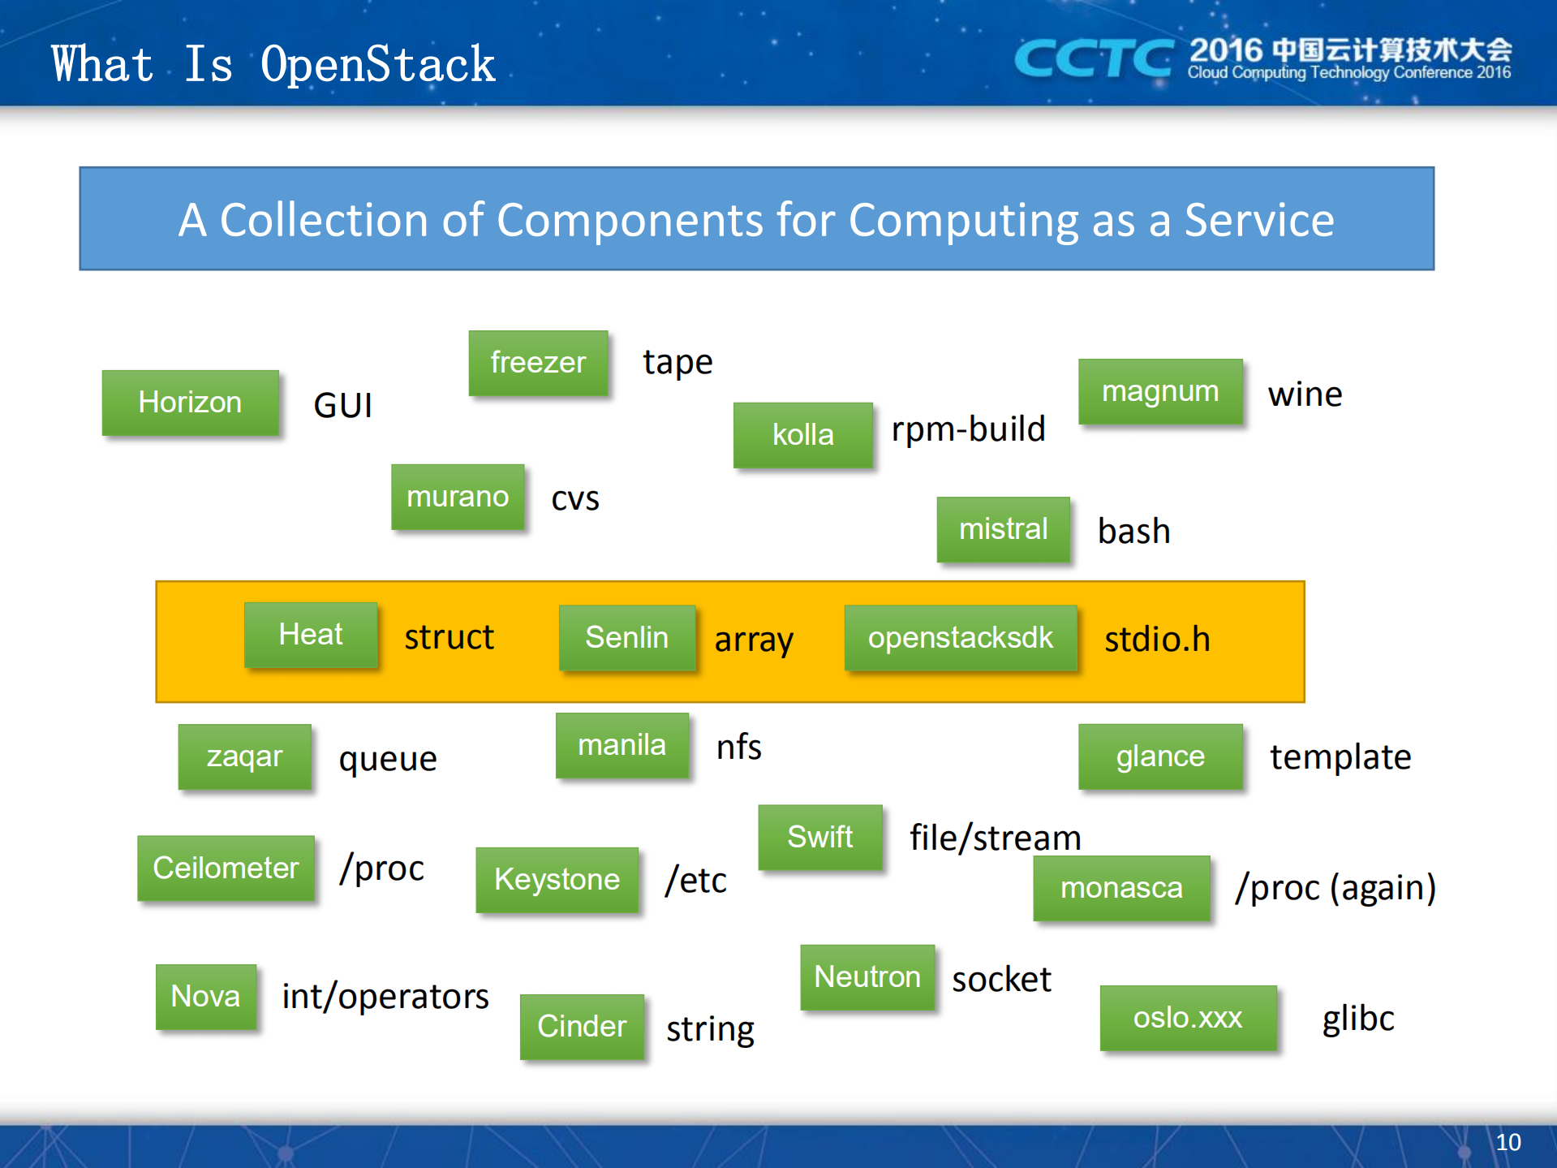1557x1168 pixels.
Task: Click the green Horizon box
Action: (190, 403)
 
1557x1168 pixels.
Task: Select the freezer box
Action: (538, 363)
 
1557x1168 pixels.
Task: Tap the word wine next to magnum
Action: (1305, 394)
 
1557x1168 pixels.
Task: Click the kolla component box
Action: (802, 435)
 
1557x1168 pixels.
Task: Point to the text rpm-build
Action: (968, 429)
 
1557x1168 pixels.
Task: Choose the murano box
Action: (458, 497)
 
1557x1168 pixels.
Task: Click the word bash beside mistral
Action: (1133, 532)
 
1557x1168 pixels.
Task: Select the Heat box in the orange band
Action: (311, 635)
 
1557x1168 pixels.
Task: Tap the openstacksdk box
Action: (960, 638)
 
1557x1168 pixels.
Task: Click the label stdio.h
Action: (1157, 640)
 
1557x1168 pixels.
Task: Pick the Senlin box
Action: (626, 638)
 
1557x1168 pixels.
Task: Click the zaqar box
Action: (244, 756)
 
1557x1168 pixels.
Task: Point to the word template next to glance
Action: (1340, 757)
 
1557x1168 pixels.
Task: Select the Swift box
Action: (819, 837)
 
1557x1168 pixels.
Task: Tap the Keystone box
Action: (557, 880)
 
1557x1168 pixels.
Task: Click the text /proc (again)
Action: (1335, 888)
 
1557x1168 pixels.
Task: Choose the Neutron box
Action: (867, 977)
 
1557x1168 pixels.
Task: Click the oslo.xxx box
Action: (1188, 1018)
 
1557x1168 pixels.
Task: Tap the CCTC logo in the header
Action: (1093, 58)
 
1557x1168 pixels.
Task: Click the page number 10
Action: (1508, 1143)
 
